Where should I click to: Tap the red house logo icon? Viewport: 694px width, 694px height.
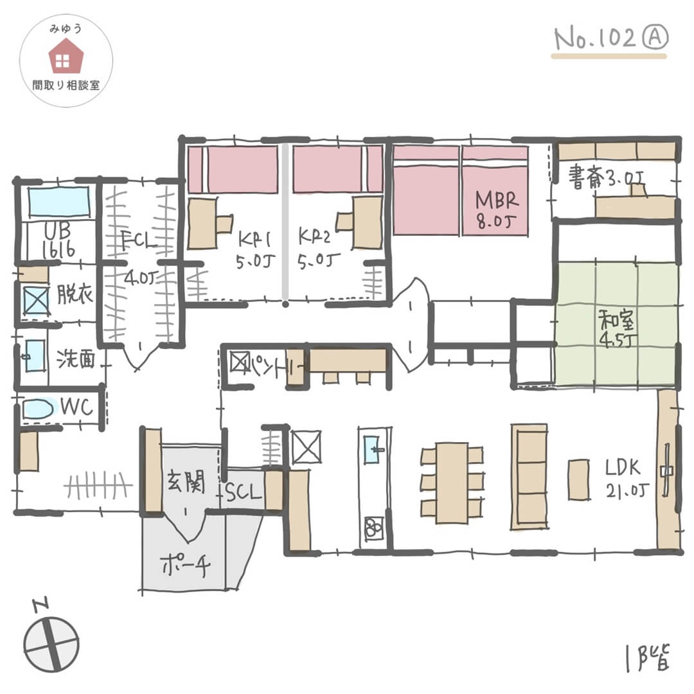point(63,56)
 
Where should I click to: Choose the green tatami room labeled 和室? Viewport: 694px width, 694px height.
point(615,324)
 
